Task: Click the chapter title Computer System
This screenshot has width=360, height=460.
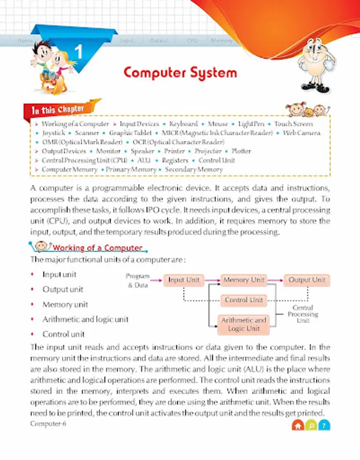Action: [x=180, y=73]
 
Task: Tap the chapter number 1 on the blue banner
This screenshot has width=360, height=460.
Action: [x=79, y=52]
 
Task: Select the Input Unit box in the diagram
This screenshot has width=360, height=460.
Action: [x=184, y=280]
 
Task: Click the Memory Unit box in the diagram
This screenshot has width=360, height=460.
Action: [x=244, y=280]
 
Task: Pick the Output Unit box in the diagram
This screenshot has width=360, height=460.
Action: [x=306, y=280]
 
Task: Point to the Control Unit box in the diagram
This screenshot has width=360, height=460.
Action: [x=244, y=300]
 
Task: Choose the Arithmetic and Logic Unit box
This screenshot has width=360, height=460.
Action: [x=244, y=324]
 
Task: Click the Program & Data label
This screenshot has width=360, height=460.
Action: [x=138, y=280]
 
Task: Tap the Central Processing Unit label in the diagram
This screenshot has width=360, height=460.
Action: [x=303, y=314]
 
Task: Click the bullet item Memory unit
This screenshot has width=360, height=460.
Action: [x=65, y=304]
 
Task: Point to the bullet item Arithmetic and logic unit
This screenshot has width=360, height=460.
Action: [x=85, y=319]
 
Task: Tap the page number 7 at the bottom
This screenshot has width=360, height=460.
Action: [x=324, y=425]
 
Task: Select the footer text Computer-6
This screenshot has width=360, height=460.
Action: [x=48, y=424]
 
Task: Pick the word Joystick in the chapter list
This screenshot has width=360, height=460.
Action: [x=54, y=133]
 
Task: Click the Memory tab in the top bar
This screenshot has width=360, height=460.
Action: [x=222, y=40]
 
